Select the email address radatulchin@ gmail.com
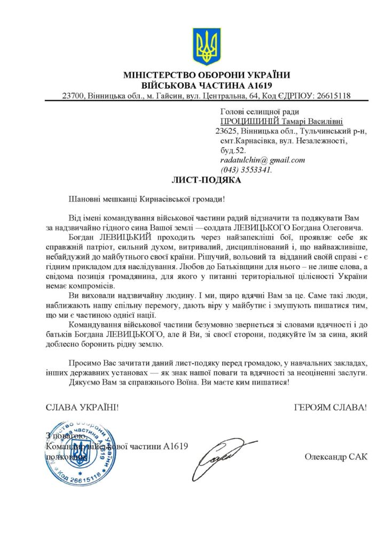[262, 160]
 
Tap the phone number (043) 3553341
[246, 170]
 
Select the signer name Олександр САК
[336, 457]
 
